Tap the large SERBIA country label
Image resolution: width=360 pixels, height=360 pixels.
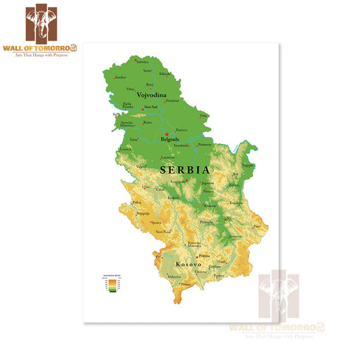[185, 170]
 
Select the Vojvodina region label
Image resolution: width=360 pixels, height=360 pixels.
[151, 95]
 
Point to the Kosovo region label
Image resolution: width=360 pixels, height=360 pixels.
[188, 264]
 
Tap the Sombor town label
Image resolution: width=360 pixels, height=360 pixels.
[121, 77]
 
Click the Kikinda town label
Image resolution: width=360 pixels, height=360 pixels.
[165, 73]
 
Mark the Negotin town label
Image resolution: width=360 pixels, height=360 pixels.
[248, 165]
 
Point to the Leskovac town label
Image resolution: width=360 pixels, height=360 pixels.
[235, 236]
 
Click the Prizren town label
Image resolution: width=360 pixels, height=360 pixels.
[186, 285]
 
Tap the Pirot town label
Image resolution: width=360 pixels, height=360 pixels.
[257, 226]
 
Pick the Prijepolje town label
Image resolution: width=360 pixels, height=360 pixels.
[143, 213]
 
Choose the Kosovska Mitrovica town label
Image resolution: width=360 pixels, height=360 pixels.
[194, 244]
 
